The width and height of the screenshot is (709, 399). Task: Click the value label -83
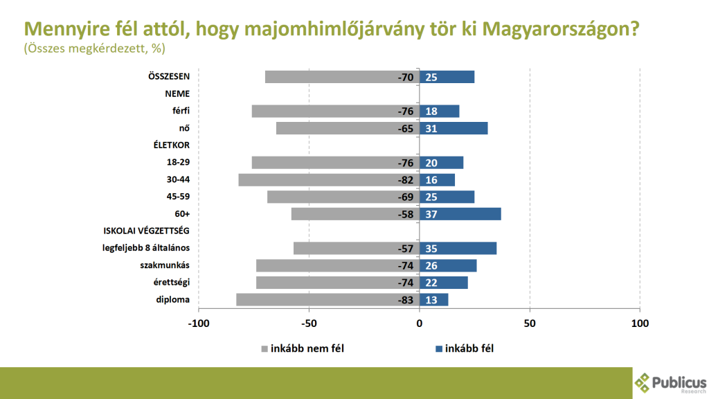(405, 300)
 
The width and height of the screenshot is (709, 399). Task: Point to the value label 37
(431, 214)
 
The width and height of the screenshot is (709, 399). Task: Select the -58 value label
(405, 214)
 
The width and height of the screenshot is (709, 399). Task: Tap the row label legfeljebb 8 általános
(147, 248)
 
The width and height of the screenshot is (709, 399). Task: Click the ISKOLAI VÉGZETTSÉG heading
(146, 231)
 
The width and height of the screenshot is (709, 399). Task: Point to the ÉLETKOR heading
(171, 145)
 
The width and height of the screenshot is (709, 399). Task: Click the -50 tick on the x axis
(309, 323)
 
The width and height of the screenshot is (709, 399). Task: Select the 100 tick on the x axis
(640, 323)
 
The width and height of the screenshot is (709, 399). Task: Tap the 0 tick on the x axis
(420, 323)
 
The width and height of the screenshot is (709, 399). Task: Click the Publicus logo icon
(643, 382)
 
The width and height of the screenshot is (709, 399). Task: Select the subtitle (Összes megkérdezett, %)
(94, 49)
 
